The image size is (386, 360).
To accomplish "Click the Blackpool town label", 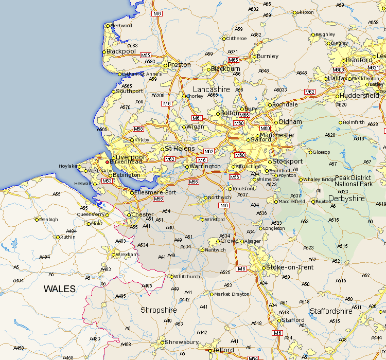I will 121,51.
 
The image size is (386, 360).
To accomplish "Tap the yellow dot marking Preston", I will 166,65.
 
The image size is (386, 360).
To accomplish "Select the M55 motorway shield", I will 146,56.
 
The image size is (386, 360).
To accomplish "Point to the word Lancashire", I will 211,89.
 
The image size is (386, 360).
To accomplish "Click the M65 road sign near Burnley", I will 233,60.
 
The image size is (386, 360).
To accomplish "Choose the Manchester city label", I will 277,135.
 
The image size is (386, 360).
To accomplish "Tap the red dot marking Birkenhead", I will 107,161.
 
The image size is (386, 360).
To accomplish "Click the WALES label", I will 59,289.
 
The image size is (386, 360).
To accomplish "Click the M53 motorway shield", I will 107,181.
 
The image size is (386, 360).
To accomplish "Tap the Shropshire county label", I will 159,310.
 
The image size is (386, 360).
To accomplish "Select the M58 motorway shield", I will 138,129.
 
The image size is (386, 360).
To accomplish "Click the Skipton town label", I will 305,12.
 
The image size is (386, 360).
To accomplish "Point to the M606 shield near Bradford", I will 338,70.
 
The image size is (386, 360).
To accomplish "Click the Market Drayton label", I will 232,294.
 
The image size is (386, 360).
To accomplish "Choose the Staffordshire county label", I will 331,311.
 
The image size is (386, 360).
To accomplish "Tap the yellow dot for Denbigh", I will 37,220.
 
